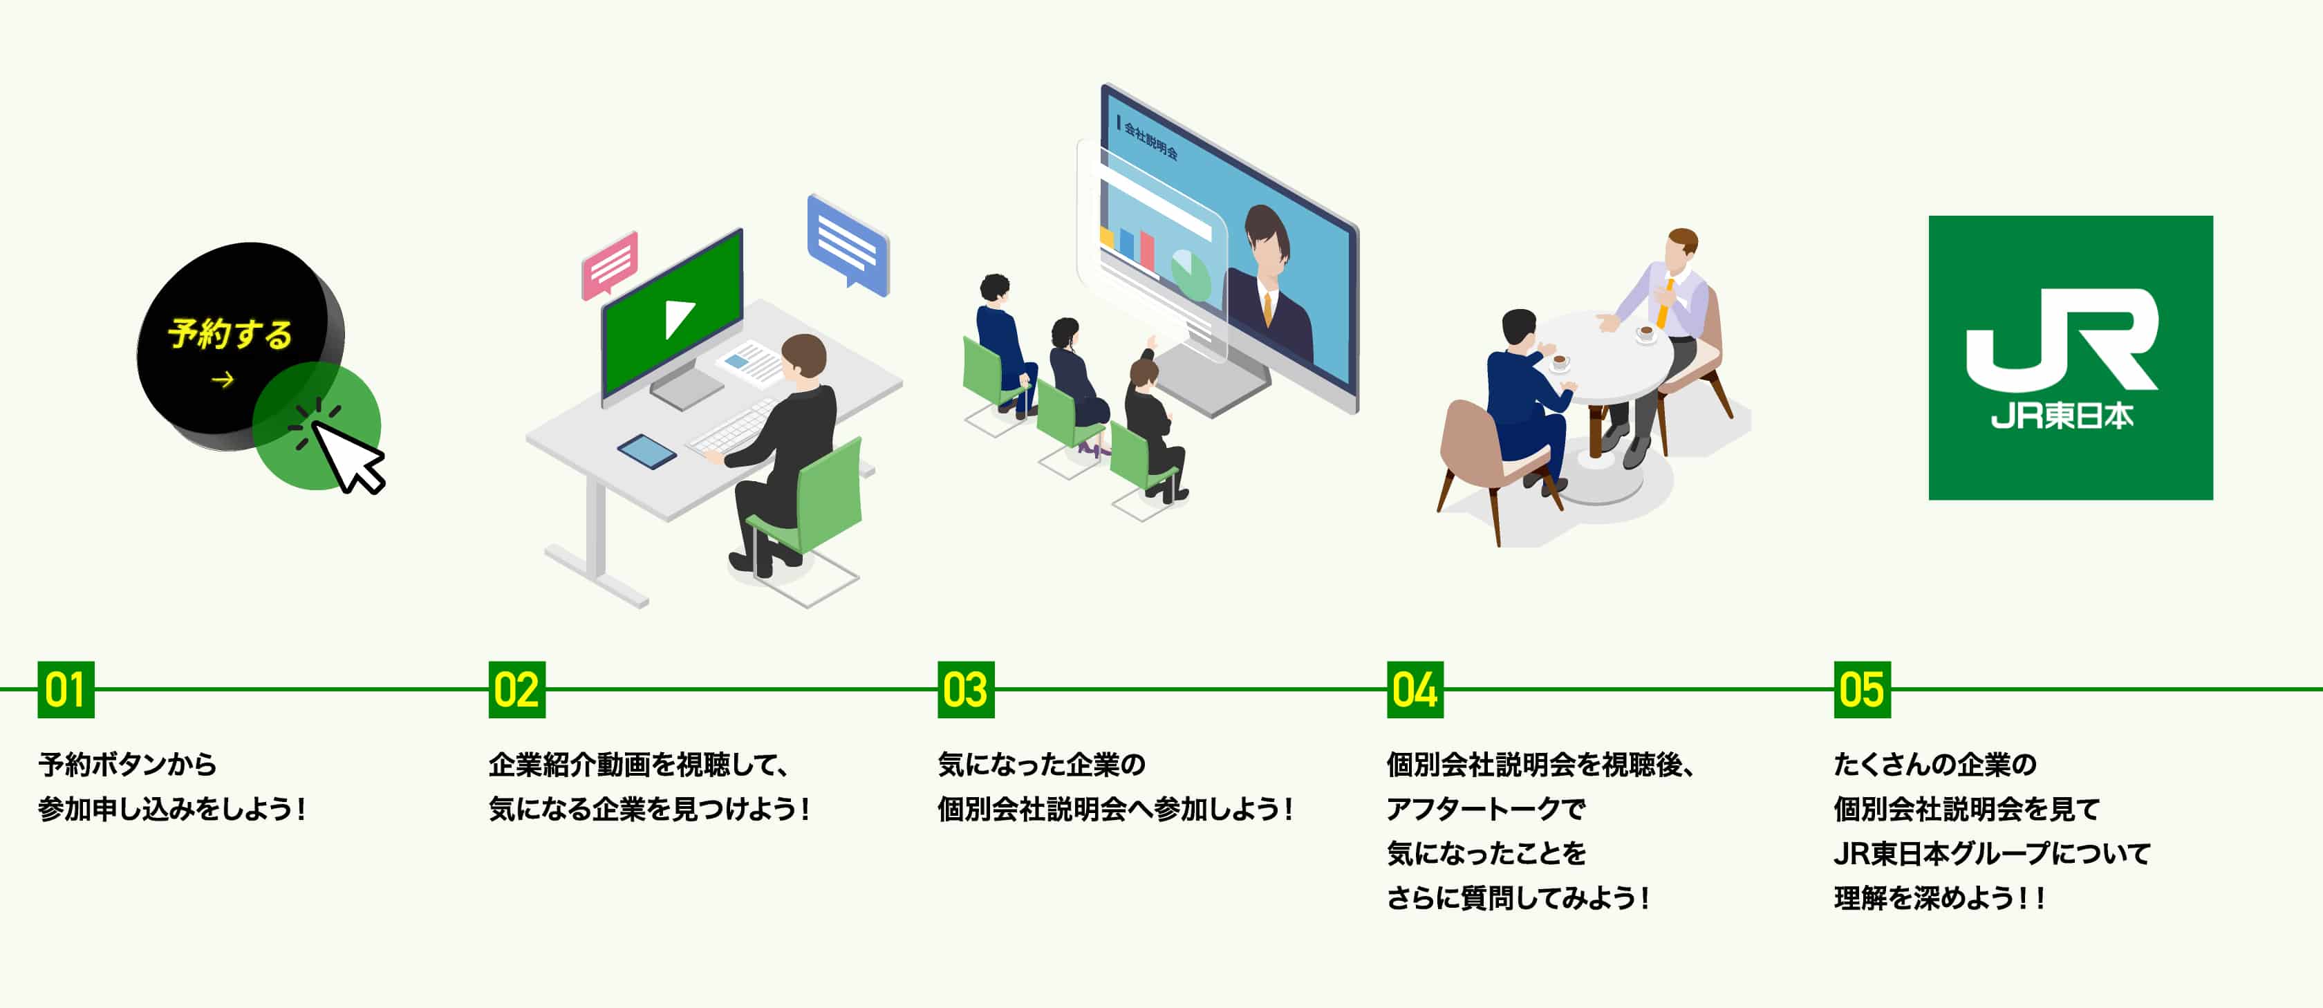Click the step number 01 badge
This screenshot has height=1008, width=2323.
[x=66, y=690]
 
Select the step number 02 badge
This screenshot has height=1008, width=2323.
[x=516, y=690]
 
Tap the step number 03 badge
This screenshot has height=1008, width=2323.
[x=966, y=690]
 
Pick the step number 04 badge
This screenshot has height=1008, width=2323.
[x=1415, y=690]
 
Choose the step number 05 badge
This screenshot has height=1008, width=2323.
[x=1862, y=690]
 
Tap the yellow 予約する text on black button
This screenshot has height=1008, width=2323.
[x=230, y=334]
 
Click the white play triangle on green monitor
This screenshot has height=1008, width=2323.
[x=679, y=318]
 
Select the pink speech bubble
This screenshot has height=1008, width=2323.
[x=610, y=264]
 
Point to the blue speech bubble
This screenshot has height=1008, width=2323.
[x=848, y=243]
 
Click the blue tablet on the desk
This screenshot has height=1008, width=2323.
[x=646, y=451]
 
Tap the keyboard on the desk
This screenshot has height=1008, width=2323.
[x=731, y=429]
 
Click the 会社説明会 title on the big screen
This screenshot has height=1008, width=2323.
[x=1150, y=140]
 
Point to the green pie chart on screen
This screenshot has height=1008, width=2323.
[x=1191, y=275]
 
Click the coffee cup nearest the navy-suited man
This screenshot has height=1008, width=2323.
[x=1558, y=362]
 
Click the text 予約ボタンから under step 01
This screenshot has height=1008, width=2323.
[x=127, y=765]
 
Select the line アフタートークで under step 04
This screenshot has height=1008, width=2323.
[x=1485, y=809]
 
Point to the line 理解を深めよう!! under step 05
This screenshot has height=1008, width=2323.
[x=1939, y=898]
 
